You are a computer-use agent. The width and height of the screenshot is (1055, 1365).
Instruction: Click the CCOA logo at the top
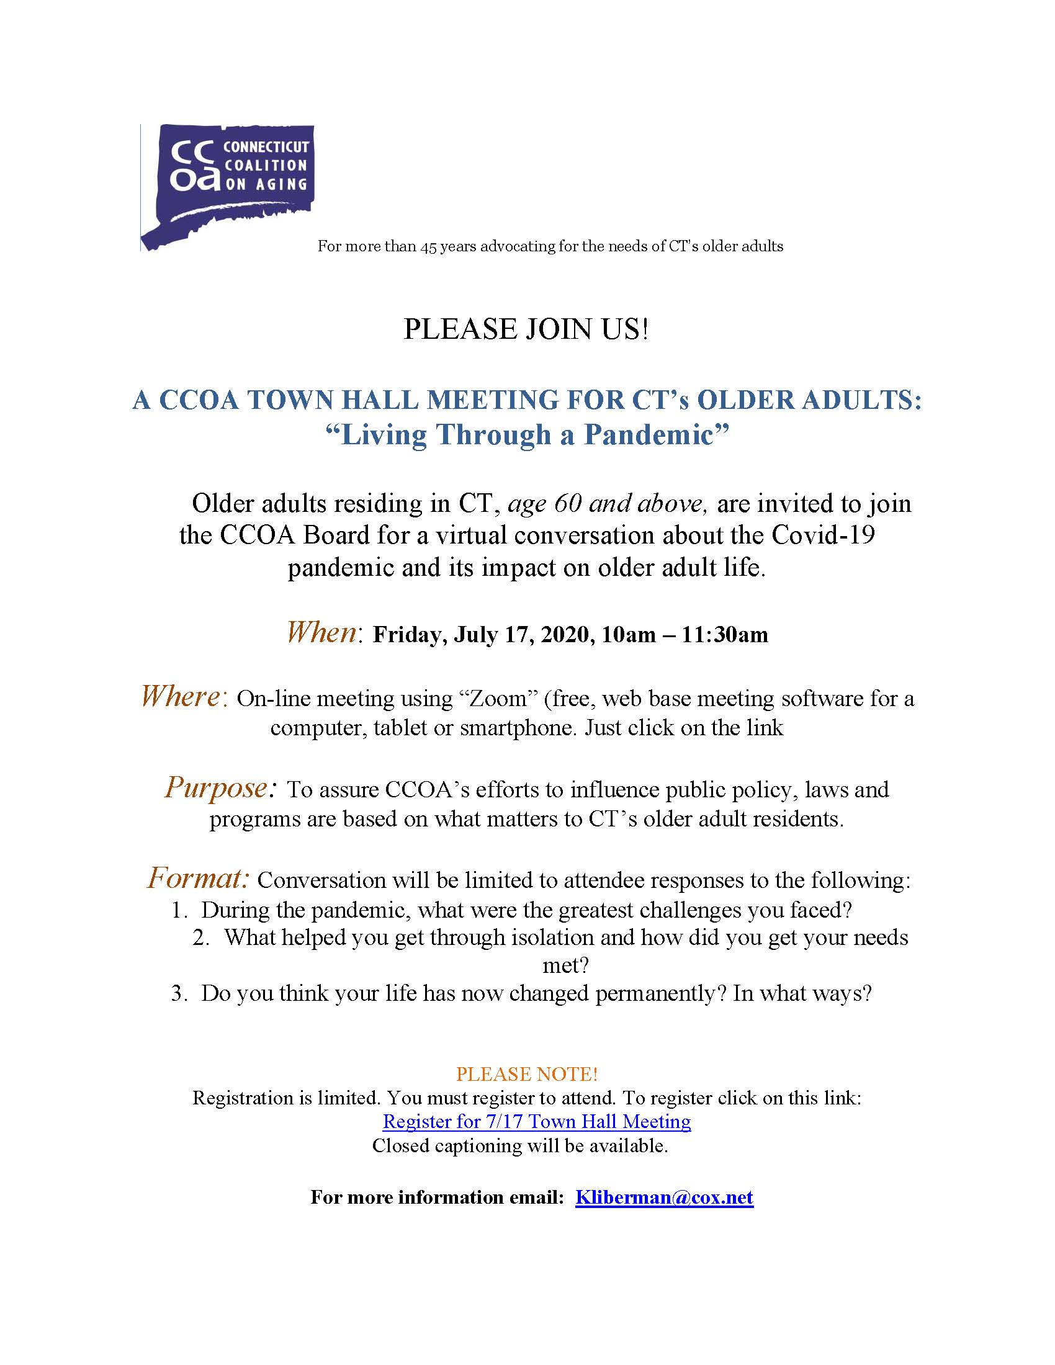(227, 186)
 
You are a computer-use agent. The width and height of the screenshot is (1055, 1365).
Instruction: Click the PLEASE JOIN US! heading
(526, 329)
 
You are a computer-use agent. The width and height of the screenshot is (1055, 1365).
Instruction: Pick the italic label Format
(199, 878)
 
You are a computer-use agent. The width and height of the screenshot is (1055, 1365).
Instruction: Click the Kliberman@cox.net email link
(664, 1197)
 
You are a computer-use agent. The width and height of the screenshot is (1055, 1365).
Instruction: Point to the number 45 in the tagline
(428, 246)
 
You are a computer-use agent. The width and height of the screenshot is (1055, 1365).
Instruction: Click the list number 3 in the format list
(178, 994)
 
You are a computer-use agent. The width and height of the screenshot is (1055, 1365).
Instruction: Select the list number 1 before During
(178, 910)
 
